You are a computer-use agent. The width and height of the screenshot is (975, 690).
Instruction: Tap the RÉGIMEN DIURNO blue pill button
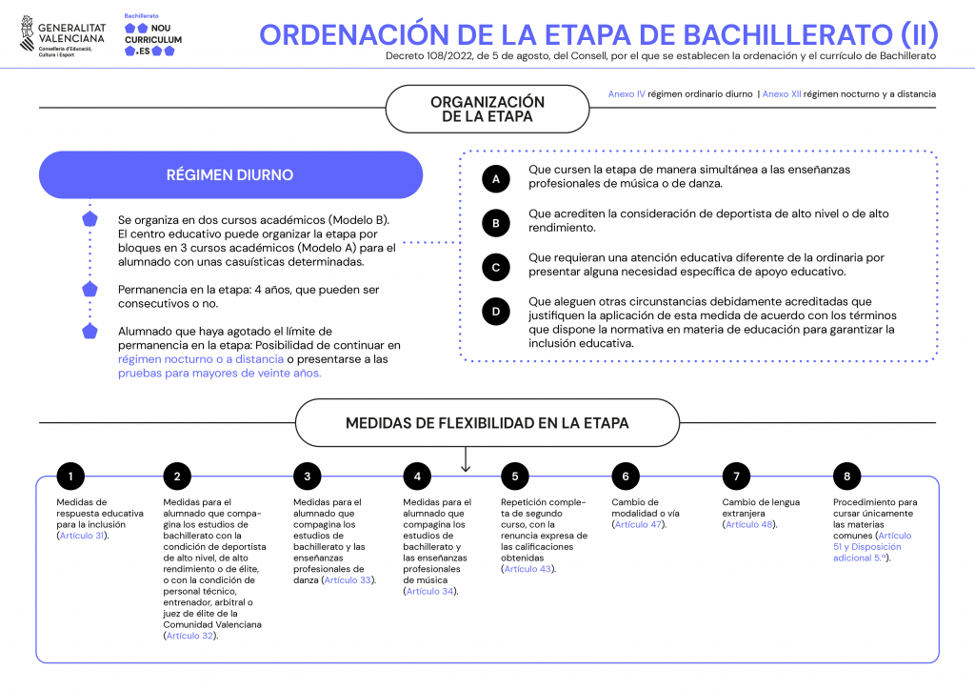coord(230,175)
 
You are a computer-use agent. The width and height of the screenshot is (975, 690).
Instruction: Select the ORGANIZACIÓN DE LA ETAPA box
coord(487,109)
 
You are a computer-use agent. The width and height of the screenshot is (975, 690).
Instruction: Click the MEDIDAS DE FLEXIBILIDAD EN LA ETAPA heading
coord(487,423)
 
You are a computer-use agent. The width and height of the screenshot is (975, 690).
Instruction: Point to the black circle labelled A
coord(496,177)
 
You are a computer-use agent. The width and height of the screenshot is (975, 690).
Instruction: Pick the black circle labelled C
coord(496,268)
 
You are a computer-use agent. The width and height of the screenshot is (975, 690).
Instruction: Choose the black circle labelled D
coord(496,312)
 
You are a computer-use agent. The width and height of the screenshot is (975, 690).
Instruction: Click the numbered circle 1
coord(70,477)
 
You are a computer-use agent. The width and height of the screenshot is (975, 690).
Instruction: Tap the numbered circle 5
coord(514,477)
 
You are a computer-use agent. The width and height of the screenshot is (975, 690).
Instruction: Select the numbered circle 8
coord(846,477)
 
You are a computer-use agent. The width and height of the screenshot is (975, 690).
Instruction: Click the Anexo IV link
coord(627,94)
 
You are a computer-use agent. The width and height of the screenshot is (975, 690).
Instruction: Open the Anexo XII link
coord(783,94)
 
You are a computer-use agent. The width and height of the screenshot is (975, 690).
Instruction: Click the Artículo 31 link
coord(83,536)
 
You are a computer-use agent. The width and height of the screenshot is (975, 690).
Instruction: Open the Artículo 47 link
coord(639,524)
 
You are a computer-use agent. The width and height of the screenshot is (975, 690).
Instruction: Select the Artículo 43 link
coord(528,569)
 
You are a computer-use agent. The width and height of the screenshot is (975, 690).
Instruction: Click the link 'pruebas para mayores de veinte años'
coord(220,374)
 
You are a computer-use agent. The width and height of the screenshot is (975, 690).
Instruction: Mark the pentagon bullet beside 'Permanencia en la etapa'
coord(90,290)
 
